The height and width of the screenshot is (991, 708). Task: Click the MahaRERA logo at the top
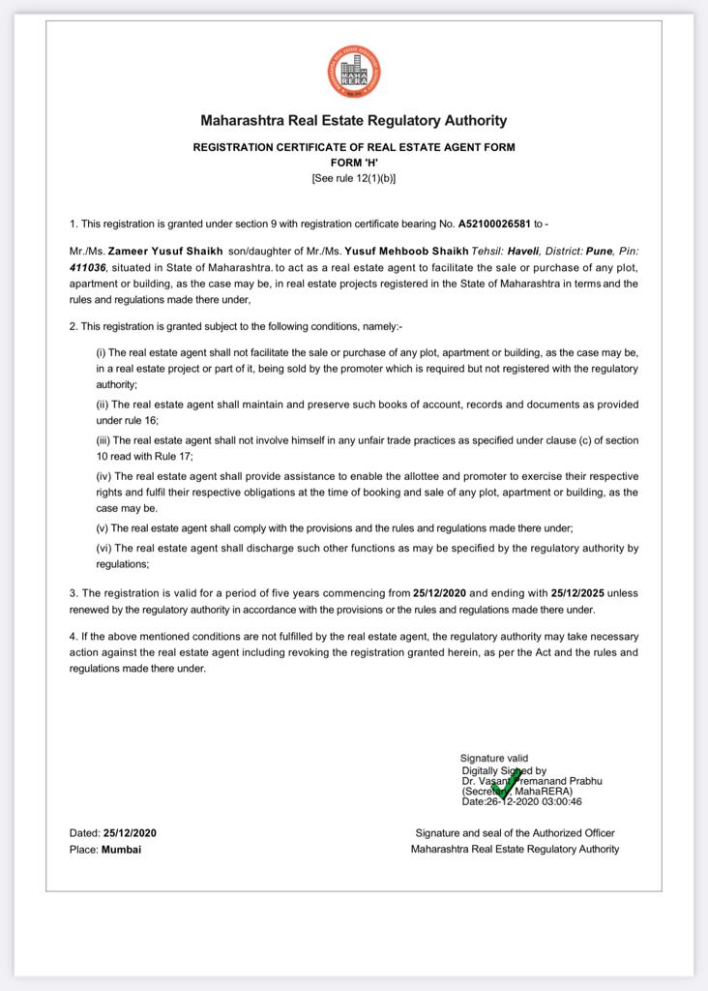(x=353, y=72)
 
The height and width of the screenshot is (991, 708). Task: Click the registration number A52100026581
(x=500, y=222)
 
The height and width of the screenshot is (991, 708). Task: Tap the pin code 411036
(x=87, y=266)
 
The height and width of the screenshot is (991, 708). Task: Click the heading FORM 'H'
(x=353, y=163)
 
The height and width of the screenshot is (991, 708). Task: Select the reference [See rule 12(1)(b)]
(x=353, y=178)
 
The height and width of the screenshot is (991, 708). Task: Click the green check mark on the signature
(x=506, y=786)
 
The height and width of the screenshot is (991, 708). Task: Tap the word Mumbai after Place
(x=121, y=850)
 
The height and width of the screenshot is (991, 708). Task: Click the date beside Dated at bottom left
(x=130, y=833)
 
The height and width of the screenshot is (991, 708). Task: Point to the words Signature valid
(x=494, y=758)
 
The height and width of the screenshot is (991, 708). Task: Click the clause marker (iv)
(x=103, y=476)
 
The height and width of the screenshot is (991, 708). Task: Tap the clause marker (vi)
(x=103, y=548)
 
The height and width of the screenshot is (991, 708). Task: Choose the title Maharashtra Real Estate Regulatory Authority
(x=353, y=121)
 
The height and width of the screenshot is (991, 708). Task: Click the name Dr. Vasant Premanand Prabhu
(x=532, y=780)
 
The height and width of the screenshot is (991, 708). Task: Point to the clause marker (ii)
(x=102, y=405)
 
